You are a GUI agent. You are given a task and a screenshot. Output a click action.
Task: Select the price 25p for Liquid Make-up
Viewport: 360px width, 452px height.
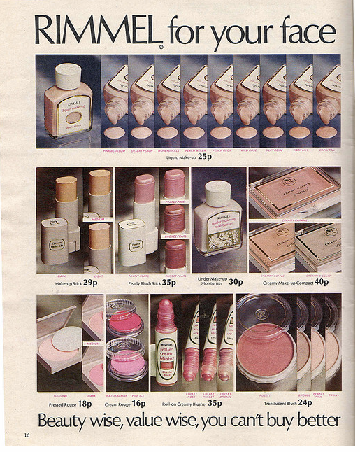(x=205, y=157)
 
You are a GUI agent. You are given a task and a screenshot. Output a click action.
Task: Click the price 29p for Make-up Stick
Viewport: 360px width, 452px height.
(x=90, y=283)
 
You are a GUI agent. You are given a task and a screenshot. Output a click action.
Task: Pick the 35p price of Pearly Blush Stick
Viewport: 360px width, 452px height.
(x=168, y=283)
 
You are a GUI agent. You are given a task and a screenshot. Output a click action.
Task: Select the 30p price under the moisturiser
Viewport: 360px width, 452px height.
(x=236, y=283)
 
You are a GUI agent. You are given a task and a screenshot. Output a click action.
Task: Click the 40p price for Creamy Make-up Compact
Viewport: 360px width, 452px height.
(x=321, y=283)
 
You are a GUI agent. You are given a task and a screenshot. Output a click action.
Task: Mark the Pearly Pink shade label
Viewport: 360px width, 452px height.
(x=175, y=202)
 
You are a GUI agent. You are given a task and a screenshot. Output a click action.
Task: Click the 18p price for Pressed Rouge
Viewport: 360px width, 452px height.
(x=85, y=403)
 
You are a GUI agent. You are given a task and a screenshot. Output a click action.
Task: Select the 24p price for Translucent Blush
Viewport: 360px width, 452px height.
(x=305, y=403)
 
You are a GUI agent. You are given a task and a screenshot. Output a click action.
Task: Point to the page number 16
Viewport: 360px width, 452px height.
(x=26, y=435)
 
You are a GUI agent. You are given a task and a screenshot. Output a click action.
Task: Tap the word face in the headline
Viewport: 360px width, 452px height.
(x=305, y=32)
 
